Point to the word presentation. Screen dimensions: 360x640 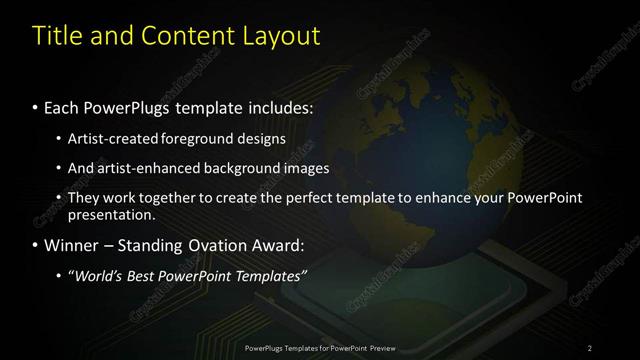pyautogui.click(x=112, y=214)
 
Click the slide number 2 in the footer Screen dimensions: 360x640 pyautogui.click(x=590, y=348)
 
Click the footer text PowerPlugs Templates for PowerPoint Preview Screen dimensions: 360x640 pyautogui.click(x=320, y=348)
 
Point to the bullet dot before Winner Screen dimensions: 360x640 pyautogui.click(x=36, y=245)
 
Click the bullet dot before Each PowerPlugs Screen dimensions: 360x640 pyautogui.click(x=36, y=106)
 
